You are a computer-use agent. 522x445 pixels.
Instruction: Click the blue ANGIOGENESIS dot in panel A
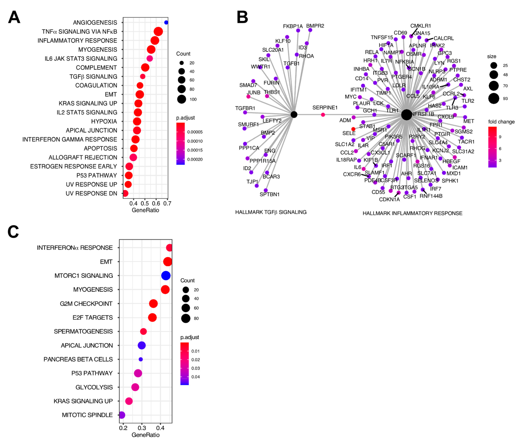click(166, 22)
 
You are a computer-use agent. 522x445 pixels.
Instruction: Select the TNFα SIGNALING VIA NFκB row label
click(79, 32)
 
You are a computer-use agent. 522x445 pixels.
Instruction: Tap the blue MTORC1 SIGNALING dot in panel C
click(166, 275)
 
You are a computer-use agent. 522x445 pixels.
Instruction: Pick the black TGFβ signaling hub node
click(294, 115)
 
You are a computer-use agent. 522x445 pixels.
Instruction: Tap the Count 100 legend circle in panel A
click(181, 99)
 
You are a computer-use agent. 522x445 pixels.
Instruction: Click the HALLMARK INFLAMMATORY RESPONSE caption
click(412, 213)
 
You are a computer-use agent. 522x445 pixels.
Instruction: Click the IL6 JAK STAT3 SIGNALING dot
click(150, 58)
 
